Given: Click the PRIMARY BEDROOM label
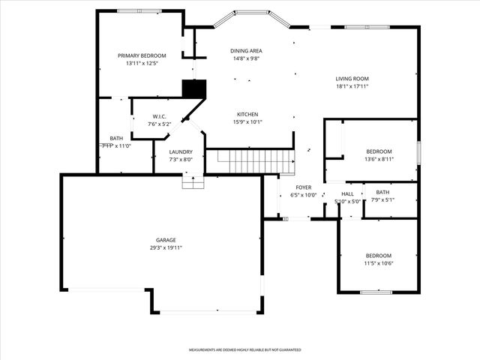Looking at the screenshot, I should point(142,55).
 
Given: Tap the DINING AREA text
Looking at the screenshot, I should point(245,51).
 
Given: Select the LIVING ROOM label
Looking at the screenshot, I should point(352,79).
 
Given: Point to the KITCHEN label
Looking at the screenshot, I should point(248,114).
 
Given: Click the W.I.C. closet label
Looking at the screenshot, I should point(158,116).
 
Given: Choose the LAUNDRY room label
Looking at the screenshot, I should point(181,151).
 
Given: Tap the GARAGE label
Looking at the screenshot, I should point(166,240).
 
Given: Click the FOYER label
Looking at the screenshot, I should point(303,187).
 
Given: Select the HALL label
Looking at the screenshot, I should point(347,193).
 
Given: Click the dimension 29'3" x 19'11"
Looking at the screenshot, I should point(166,247).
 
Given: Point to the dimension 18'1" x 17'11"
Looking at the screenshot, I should point(352,86).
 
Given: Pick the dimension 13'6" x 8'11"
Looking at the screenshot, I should point(379,159).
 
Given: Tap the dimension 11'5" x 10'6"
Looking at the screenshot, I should point(379,263).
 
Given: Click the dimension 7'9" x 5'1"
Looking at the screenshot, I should point(382,199).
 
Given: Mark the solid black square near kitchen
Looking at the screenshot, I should point(194,88).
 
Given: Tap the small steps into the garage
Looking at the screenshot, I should point(193,181).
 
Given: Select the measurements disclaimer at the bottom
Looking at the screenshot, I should point(244,350).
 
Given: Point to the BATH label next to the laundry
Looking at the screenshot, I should point(116,138).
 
